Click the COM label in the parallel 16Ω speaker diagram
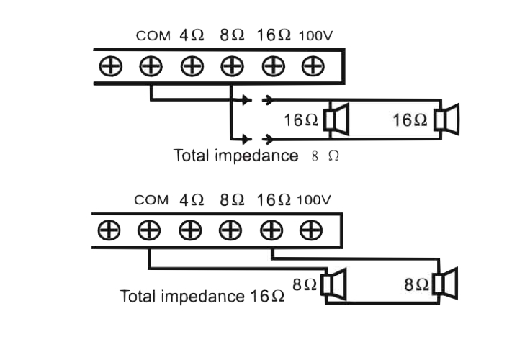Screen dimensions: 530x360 (153, 35)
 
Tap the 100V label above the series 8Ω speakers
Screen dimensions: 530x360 (314, 200)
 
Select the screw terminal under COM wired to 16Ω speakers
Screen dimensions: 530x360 (151, 66)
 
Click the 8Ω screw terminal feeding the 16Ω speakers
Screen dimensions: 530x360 (232, 66)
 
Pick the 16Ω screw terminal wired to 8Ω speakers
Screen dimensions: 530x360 (271, 230)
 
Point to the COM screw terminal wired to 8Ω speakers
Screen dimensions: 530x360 (149, 230)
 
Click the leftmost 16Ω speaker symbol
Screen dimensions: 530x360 (336, 120)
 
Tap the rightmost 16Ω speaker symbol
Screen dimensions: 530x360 (447, 120)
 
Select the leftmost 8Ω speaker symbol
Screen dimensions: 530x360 (333, 284)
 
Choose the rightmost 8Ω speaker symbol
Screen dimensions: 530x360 (446, 284)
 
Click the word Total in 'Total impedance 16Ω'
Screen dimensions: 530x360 (138, 296)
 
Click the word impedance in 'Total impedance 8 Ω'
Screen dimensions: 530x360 (256, 156)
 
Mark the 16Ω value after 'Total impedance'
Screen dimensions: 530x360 (267, 296)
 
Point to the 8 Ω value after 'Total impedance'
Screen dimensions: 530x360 (325, 156)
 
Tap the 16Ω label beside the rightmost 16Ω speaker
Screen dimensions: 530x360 (410, 120)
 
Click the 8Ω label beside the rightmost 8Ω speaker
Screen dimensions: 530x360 (416, 284)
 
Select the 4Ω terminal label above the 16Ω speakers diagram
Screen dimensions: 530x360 (192, 35)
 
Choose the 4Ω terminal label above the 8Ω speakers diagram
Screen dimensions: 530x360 (192, 199)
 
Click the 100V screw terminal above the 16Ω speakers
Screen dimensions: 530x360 (313, 66)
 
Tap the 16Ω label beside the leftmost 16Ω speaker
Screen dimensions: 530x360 (301, 120)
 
